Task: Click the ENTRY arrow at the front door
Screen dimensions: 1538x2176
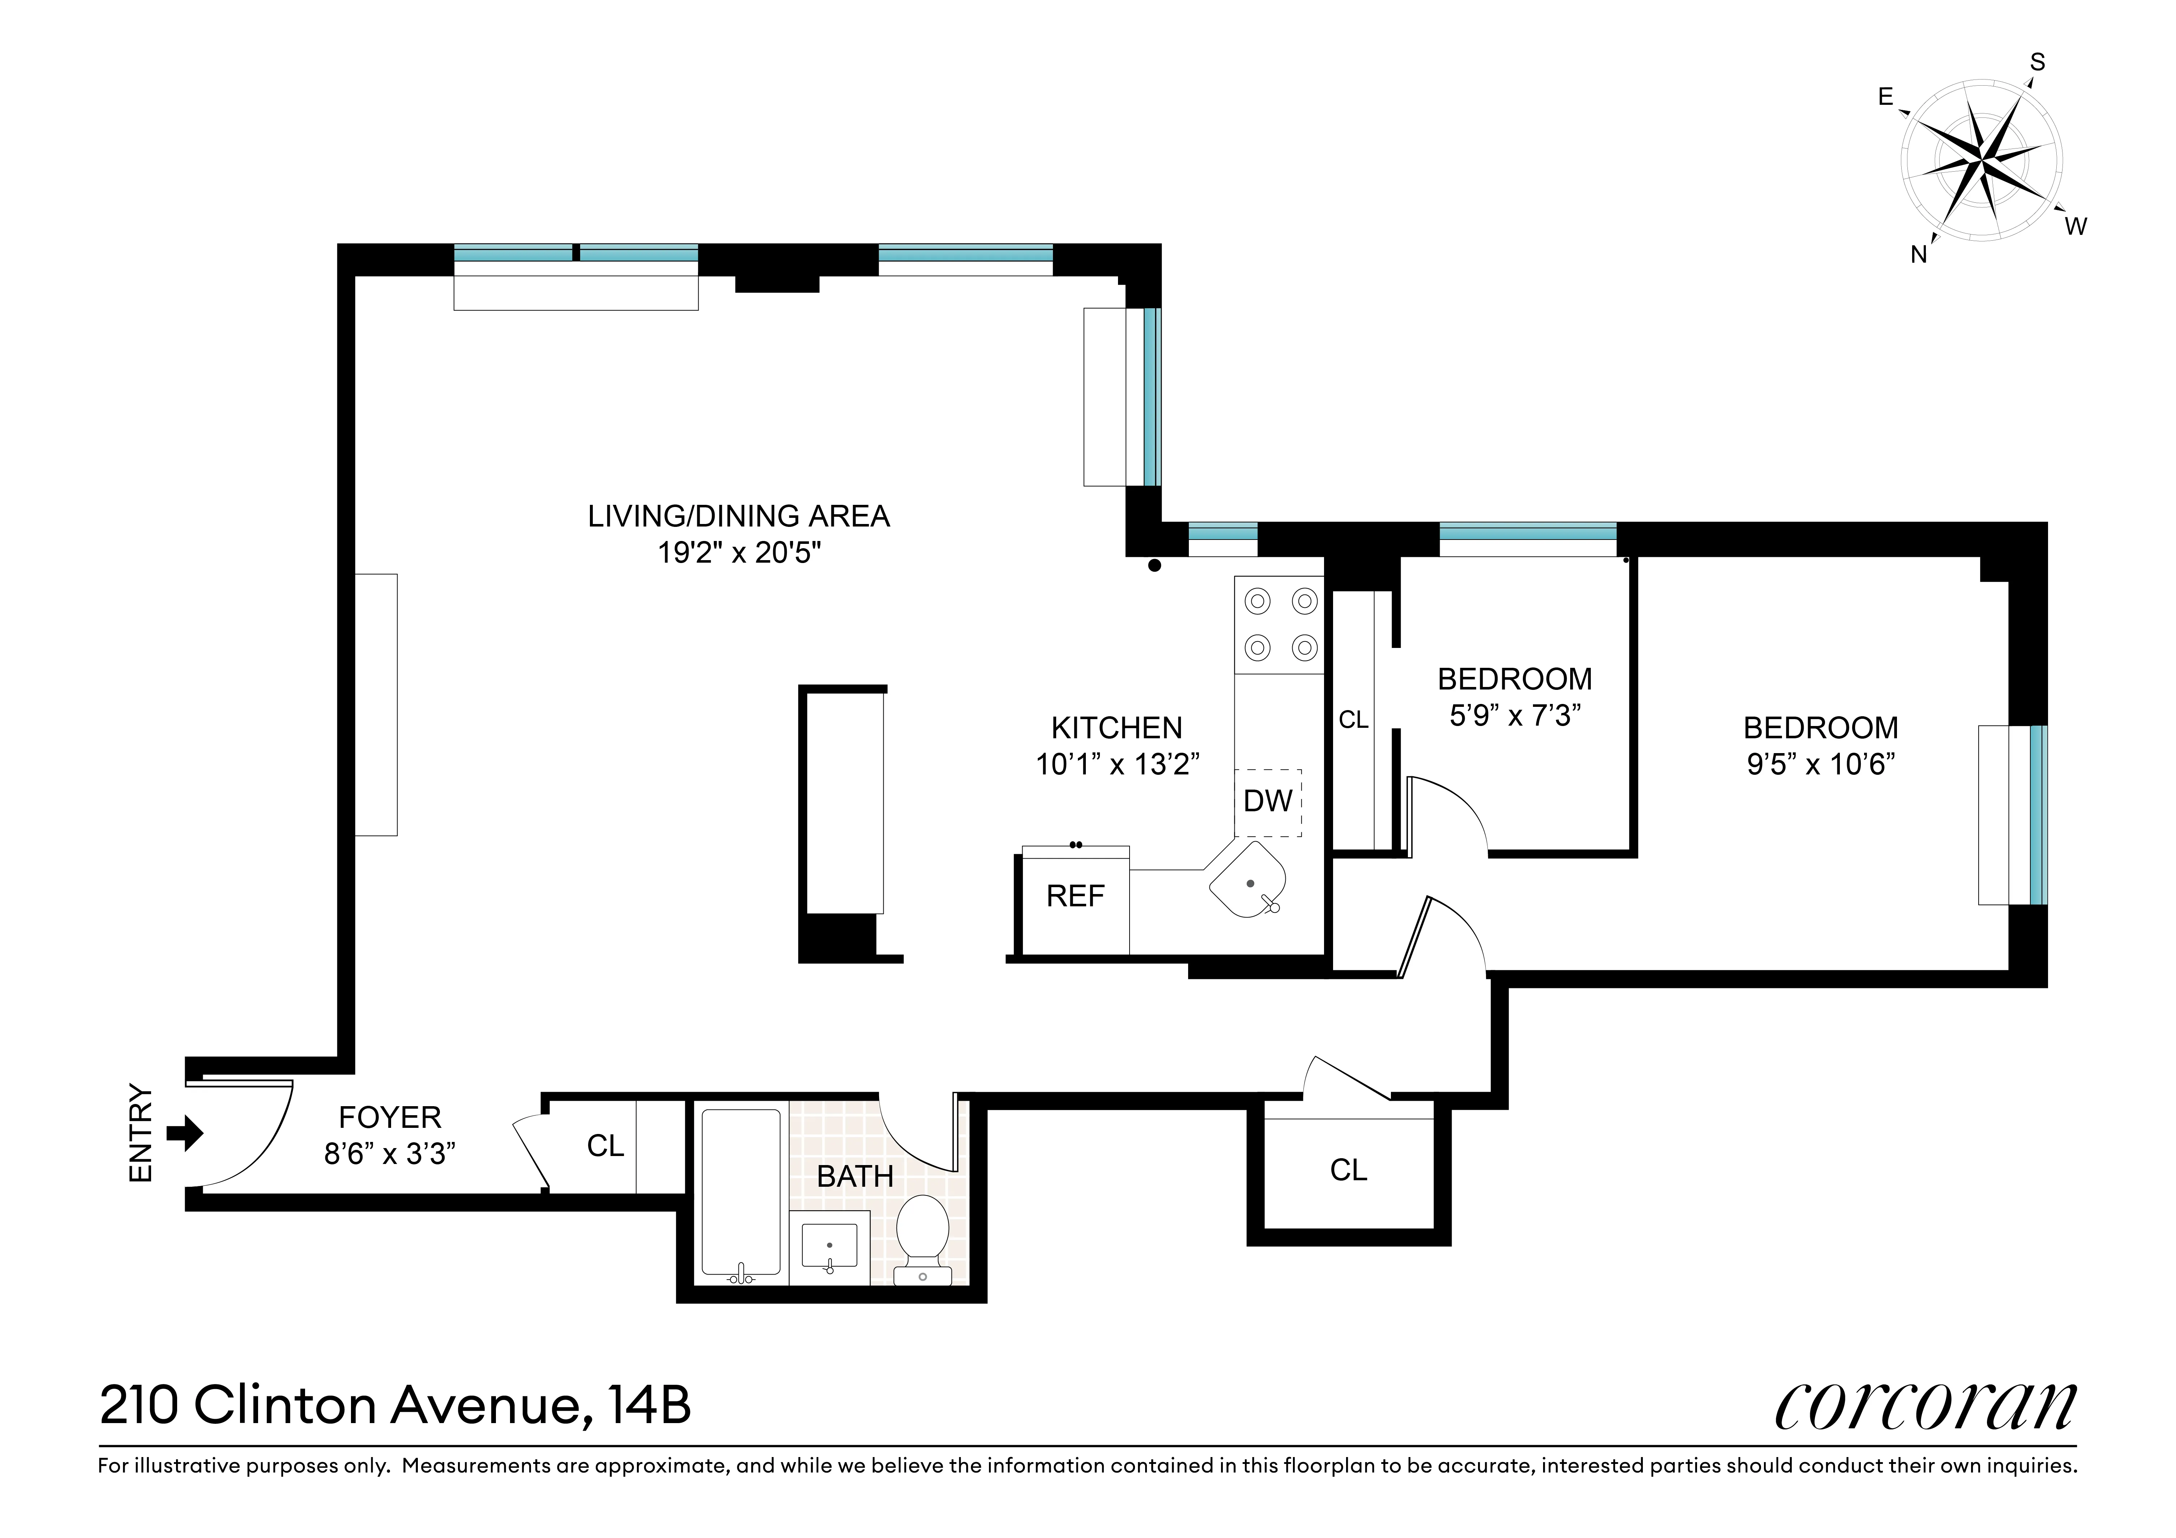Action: tap(185, 1133)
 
